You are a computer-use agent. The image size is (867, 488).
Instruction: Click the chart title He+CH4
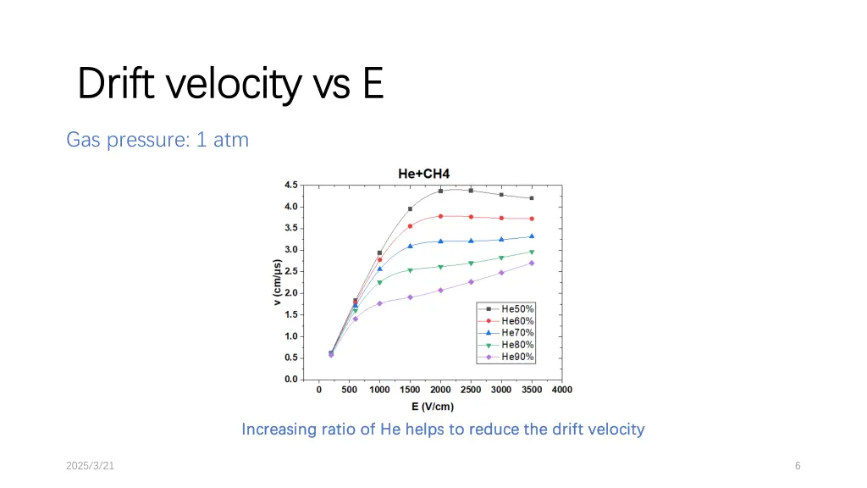[423, 174]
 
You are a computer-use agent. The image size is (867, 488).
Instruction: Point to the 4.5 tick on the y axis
[290, 185]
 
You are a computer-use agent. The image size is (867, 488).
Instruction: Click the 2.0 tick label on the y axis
[290, 293]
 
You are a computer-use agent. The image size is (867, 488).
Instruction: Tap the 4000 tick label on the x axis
[562, 390]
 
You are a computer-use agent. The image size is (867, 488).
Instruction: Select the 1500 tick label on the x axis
[410, 390]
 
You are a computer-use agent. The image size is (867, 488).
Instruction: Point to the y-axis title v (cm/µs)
[277, 283]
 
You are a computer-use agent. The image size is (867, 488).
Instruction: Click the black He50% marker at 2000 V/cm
[440, 191]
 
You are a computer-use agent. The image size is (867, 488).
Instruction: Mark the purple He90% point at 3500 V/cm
[532, 263]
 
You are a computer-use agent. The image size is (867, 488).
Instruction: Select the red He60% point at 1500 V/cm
[410, 226]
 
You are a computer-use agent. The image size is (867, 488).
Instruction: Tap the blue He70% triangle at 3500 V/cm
[532, 236]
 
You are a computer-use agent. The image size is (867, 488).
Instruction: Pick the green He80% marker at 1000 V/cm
[379, 282]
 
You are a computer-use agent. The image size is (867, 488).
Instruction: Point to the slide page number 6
[798, 465]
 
